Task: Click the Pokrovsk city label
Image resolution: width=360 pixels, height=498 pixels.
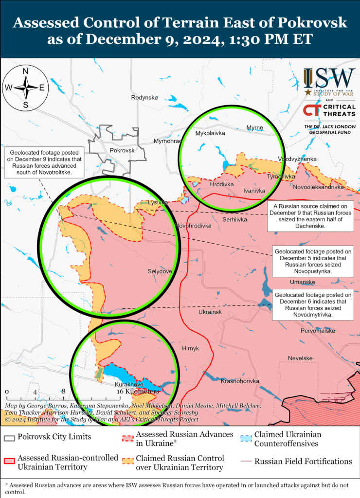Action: pyautogui.click(x=122, y=151)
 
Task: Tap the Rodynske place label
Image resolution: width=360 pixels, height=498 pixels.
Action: pyautogui.click(x=144, y=98)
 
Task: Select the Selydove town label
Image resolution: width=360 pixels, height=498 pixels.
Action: pyautogui.click(x=160, y=271)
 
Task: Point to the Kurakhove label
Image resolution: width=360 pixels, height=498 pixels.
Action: pyautogui.click(x=129, y=384)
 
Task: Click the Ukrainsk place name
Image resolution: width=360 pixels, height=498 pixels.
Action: pyautogui.click(x=210, y=312)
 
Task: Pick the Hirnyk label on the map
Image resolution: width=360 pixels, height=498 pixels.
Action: pyautogui.click(x=190, y=348)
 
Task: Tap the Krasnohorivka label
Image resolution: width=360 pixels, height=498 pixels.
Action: pyautogui.click(x=240, y=381)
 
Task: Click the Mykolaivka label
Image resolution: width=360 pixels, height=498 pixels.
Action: pyautogui.click(x=210, y=132)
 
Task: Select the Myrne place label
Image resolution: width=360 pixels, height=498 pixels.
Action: pyautogui.click(x=254, y=128)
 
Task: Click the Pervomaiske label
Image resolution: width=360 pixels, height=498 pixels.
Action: pyautogui.click(x=318, y=331)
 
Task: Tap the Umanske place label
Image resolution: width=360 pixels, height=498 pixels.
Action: pyautogui.click(x=302, y=282)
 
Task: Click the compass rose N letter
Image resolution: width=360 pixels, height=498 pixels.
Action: pyautogui.click(x=26, y=71)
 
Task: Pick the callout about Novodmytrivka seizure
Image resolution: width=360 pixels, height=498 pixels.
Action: pyautogui.click(x=313, y=305)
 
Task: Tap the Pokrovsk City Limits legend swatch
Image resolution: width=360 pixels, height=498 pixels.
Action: pyautogui.click(x=9, y=437)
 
